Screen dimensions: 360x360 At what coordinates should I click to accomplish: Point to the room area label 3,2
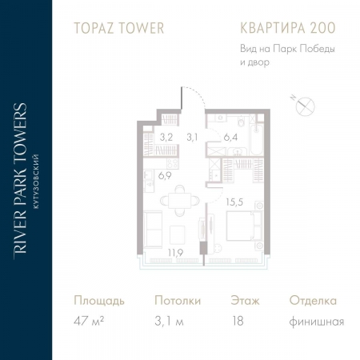tap(166, 137)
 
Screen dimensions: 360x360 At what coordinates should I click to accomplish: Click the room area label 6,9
tap(164, 174)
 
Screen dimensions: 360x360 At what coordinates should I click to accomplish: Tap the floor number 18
tap(236, 322)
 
